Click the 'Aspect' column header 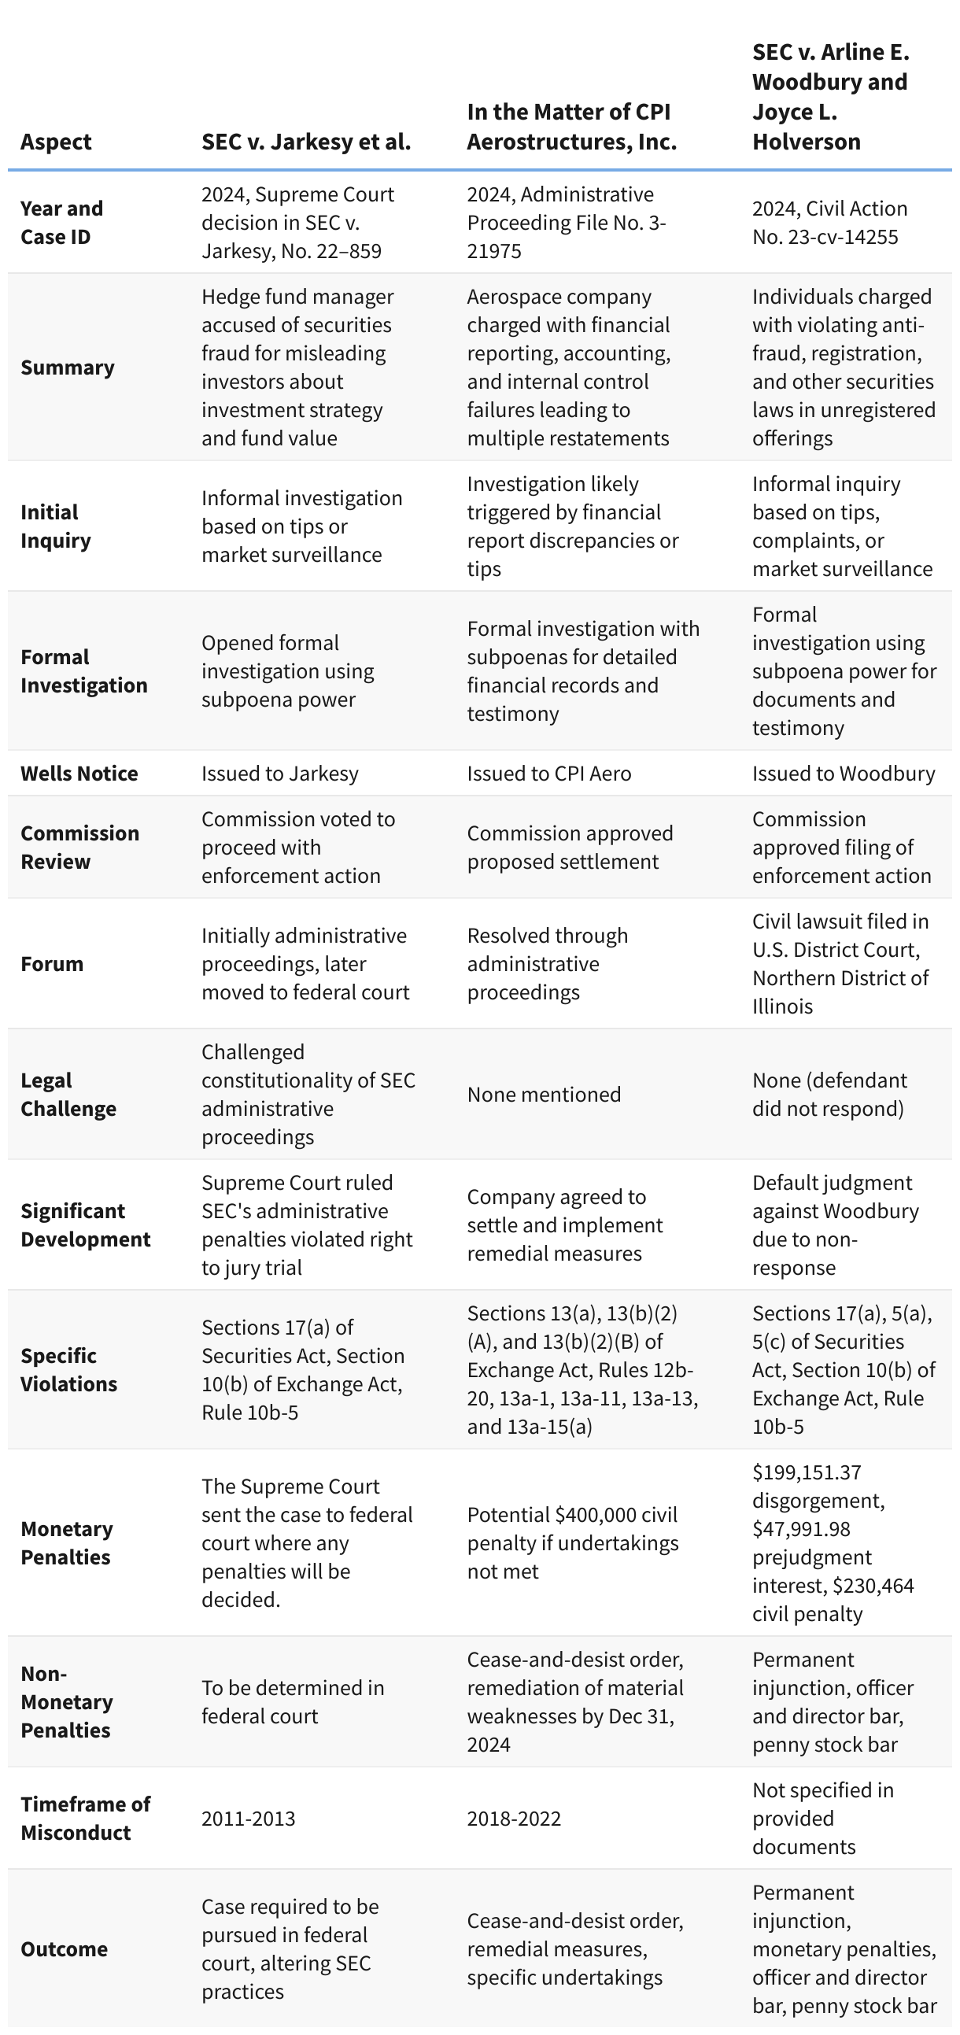click(56, 142)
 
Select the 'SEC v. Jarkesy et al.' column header click(306, 142)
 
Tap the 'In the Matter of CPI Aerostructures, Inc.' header click(571, 127)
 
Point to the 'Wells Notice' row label click(79, 774)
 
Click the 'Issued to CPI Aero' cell click(548, 774)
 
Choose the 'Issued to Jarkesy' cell click(279, 774)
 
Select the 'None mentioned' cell click(544, 1094)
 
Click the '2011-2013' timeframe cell click(248, 1819)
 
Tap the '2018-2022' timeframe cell click(514, 1819)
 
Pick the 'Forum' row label click(52, 964)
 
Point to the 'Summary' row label click(67, 367)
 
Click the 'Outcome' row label click(63, 1949)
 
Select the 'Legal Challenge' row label click(68, 1094)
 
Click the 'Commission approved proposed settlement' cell click(570, 847)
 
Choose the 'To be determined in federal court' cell click(293, 1701)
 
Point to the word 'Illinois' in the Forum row click(782, 1006)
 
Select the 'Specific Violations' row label click(68, 1370)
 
